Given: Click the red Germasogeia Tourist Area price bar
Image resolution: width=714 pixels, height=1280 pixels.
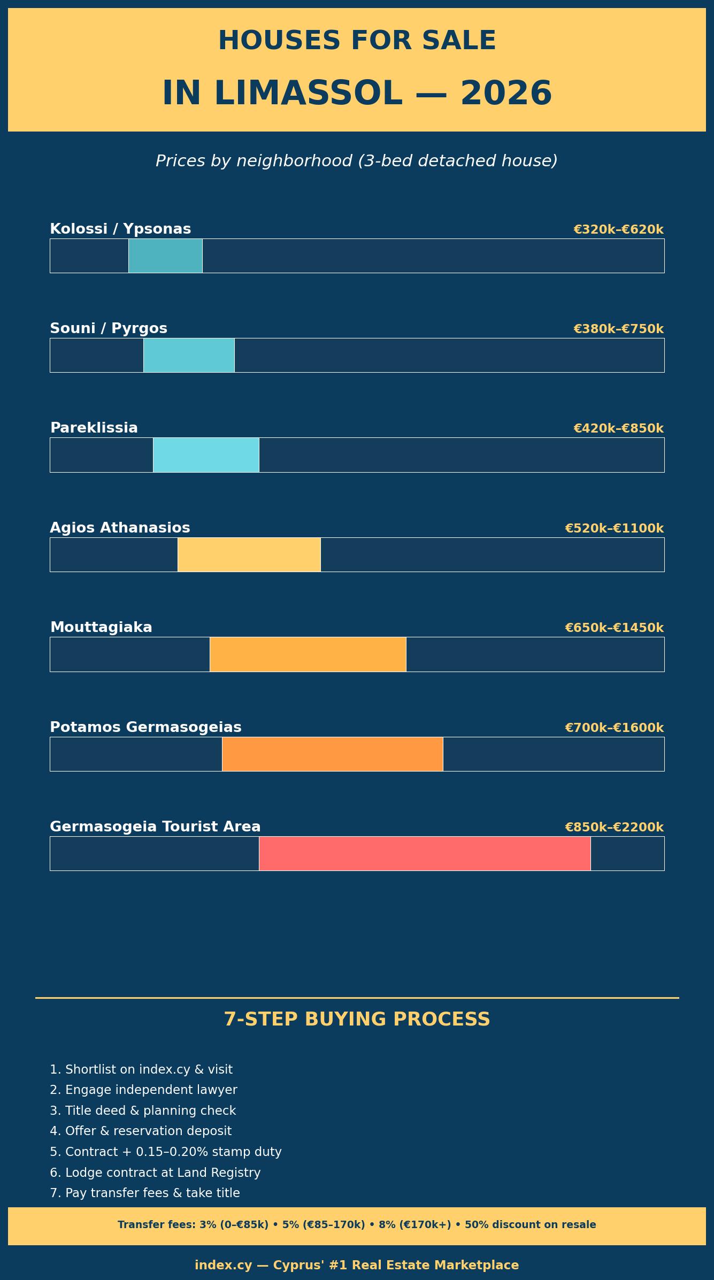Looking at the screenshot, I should tap(425, 853).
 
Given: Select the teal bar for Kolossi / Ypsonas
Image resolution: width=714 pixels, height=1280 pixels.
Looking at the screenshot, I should tap(165, 256).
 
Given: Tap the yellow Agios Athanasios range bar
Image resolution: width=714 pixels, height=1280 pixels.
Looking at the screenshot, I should tap(249, 554).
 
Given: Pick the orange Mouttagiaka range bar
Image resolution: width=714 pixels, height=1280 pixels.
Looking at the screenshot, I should tap(308, 654).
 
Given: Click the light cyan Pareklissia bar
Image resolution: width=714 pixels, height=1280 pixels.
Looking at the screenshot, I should tap(206, 454).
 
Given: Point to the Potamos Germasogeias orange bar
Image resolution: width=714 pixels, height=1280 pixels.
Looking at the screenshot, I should tap(332, 754).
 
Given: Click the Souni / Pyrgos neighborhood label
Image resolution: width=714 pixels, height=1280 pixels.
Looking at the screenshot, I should tap(109, 328).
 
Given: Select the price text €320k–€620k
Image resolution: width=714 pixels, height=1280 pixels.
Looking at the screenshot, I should tap(618, 229).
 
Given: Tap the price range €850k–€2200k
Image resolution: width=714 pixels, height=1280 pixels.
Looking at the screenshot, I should tap(614, 827).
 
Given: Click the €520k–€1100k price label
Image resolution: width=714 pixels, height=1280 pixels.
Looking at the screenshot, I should tap(614, 528).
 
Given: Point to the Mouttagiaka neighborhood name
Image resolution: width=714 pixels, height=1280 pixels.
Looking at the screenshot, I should tap(101, 627).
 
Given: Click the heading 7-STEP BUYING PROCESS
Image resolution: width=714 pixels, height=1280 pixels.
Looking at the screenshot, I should tap(357, 1019).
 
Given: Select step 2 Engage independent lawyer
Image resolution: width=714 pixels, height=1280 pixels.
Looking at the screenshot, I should tap(143, 1090).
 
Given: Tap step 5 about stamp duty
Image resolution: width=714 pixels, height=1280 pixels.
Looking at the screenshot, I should tap(165, 1152).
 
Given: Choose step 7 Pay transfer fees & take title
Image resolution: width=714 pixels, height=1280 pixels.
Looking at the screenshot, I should tap(144, 1193).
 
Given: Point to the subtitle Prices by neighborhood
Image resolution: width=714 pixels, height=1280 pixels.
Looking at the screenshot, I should tap(357, 161).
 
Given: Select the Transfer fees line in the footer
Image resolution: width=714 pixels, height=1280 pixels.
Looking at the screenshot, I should tap(357, 1224).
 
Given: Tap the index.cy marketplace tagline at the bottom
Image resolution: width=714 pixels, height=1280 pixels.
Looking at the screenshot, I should tap(357, 1265).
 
